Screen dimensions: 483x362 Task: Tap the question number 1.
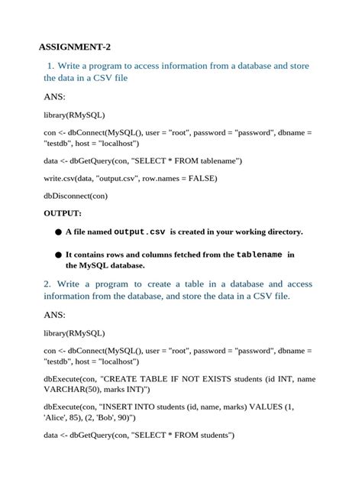pyautogui.click(x=51, y=66)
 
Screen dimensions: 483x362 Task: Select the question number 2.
pyautogui.click(x=47, y=284)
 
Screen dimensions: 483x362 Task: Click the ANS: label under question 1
pyautogui.click(x=54, y=97)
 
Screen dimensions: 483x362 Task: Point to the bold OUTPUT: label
pyautogui.click(x=63, y=213)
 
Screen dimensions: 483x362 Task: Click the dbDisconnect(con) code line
pyautogui.click(x=76, y=195)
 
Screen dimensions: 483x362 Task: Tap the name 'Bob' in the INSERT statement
pyautogui.click(x=108, y=418)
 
